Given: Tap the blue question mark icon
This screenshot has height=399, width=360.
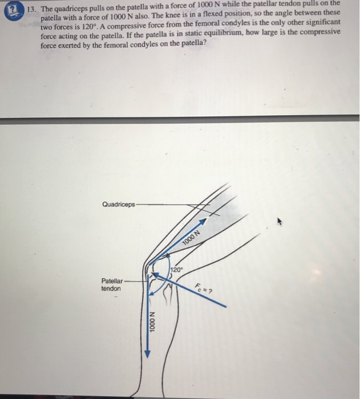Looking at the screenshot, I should tap(11, 10).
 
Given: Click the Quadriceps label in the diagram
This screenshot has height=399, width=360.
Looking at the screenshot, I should tap(119, 204).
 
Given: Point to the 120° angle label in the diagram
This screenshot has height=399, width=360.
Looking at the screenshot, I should tap(177, 268).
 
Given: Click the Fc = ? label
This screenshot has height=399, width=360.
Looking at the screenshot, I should tap(203, 288).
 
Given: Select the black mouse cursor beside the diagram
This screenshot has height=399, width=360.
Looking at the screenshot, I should tap(280, 220).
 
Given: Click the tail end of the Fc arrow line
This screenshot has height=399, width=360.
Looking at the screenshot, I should tap(226, 307).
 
